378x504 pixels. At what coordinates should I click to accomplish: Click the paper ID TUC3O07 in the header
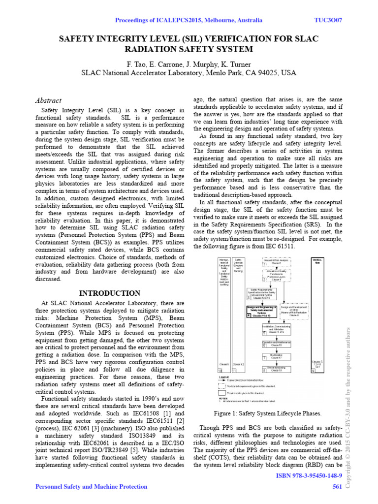click(328, 20)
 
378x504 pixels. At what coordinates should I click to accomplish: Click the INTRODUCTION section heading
click(110, 293)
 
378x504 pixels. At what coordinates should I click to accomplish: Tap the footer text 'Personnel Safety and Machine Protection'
click(91, 487)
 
